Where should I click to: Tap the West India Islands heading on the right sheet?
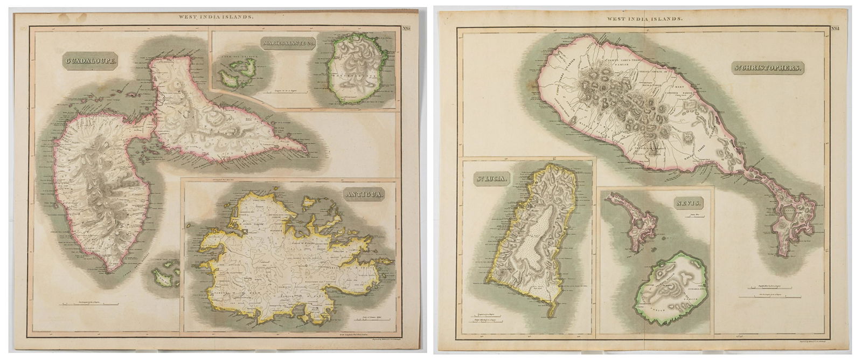click(x=645, y=19)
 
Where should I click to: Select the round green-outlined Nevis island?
click(x=670, y=289)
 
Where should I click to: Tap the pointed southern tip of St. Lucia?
click(x=551, y=314)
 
